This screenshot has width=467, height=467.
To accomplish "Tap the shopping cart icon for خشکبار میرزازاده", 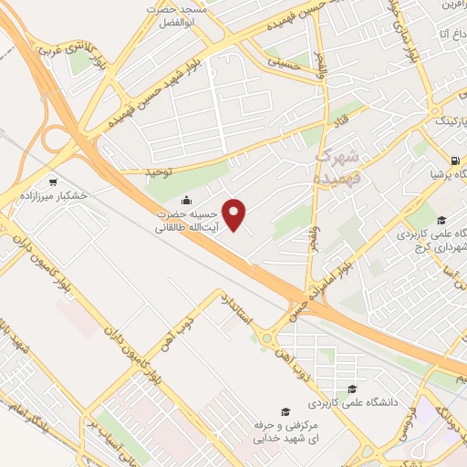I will point(51,181).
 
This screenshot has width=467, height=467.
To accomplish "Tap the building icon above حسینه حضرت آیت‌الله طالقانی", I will point(187,202).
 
